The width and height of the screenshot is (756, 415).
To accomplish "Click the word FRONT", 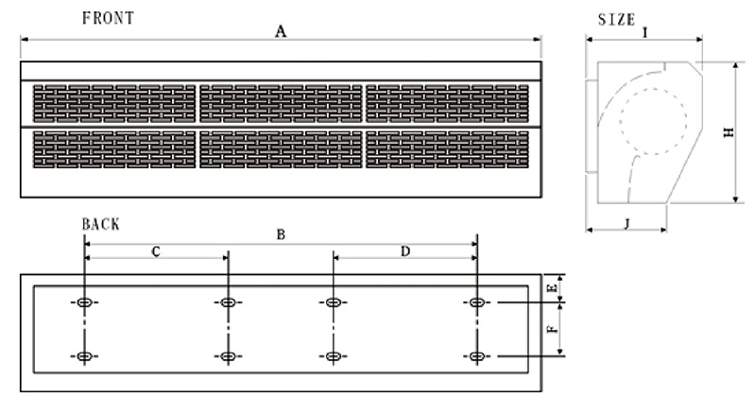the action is [x=108, y=18].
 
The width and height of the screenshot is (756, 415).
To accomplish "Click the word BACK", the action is [x=101, y=225].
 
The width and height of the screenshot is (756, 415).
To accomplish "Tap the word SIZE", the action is [x=617, y=19].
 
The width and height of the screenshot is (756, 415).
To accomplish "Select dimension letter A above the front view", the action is [x=280, y=31].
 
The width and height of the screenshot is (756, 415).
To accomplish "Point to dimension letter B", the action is [x=280, y=234].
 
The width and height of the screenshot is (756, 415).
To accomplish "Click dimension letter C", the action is [x=156, y=251].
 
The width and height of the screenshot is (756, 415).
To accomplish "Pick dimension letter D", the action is [x=405, y=251].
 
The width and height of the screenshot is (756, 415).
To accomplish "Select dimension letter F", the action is [x=554, y=330].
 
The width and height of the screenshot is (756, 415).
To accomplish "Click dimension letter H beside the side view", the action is [x=729, y=134].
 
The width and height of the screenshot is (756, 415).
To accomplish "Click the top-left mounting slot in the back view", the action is [x=84, y=303].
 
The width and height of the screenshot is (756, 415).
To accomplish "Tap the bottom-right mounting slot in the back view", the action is [x=477, y=355].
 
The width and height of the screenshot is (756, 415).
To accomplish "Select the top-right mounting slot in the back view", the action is [x=477, y=303].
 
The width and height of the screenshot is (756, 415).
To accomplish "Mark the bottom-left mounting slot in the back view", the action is [x=84, y=355].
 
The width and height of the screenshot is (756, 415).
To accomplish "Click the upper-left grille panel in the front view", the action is [x=114, y=104].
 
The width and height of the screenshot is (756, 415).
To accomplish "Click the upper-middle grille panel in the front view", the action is [x=281, y=104].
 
